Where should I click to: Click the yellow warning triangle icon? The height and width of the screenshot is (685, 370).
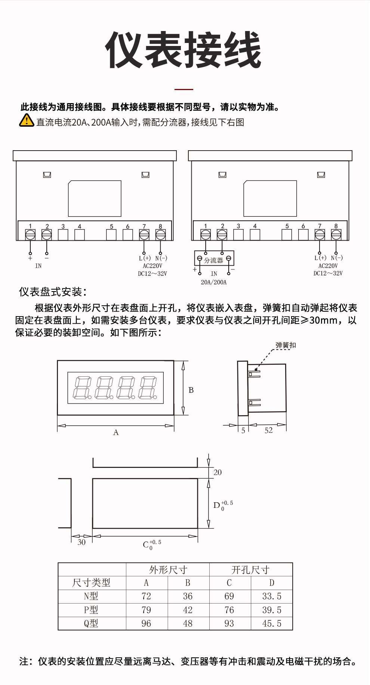coord(27,120)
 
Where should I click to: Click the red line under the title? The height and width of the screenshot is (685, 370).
coord(184,89)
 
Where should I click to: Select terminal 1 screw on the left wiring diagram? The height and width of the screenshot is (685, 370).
coord(30,235)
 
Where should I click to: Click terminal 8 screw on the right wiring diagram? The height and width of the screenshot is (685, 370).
coord(336,234)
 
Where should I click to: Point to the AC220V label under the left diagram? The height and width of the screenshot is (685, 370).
coord(152,266)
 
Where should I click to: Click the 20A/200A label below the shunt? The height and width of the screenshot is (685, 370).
coord(214,282)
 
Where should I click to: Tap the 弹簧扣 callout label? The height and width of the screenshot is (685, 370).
coord(286,345)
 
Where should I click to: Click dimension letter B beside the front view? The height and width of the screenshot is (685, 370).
coord(191,390)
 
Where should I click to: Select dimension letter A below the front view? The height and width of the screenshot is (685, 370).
coord(116,432)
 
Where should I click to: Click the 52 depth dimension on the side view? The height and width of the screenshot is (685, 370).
coord(268,431)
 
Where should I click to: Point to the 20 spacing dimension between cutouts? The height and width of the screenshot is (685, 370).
coord(218,472)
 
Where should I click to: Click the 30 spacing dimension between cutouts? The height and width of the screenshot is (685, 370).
coord(81,542)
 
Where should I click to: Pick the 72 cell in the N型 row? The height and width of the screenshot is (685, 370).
coord(147,596)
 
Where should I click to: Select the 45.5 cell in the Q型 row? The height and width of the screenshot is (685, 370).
coord(272,623)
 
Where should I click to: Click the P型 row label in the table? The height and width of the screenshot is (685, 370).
coord(91,610)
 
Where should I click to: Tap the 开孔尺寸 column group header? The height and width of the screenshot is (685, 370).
coord(250,570)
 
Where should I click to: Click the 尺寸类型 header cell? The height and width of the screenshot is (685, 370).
coord(91,583)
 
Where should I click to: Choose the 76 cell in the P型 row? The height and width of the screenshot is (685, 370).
coord(229,610)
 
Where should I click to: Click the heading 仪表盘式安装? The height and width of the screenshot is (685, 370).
coord(53,292)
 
